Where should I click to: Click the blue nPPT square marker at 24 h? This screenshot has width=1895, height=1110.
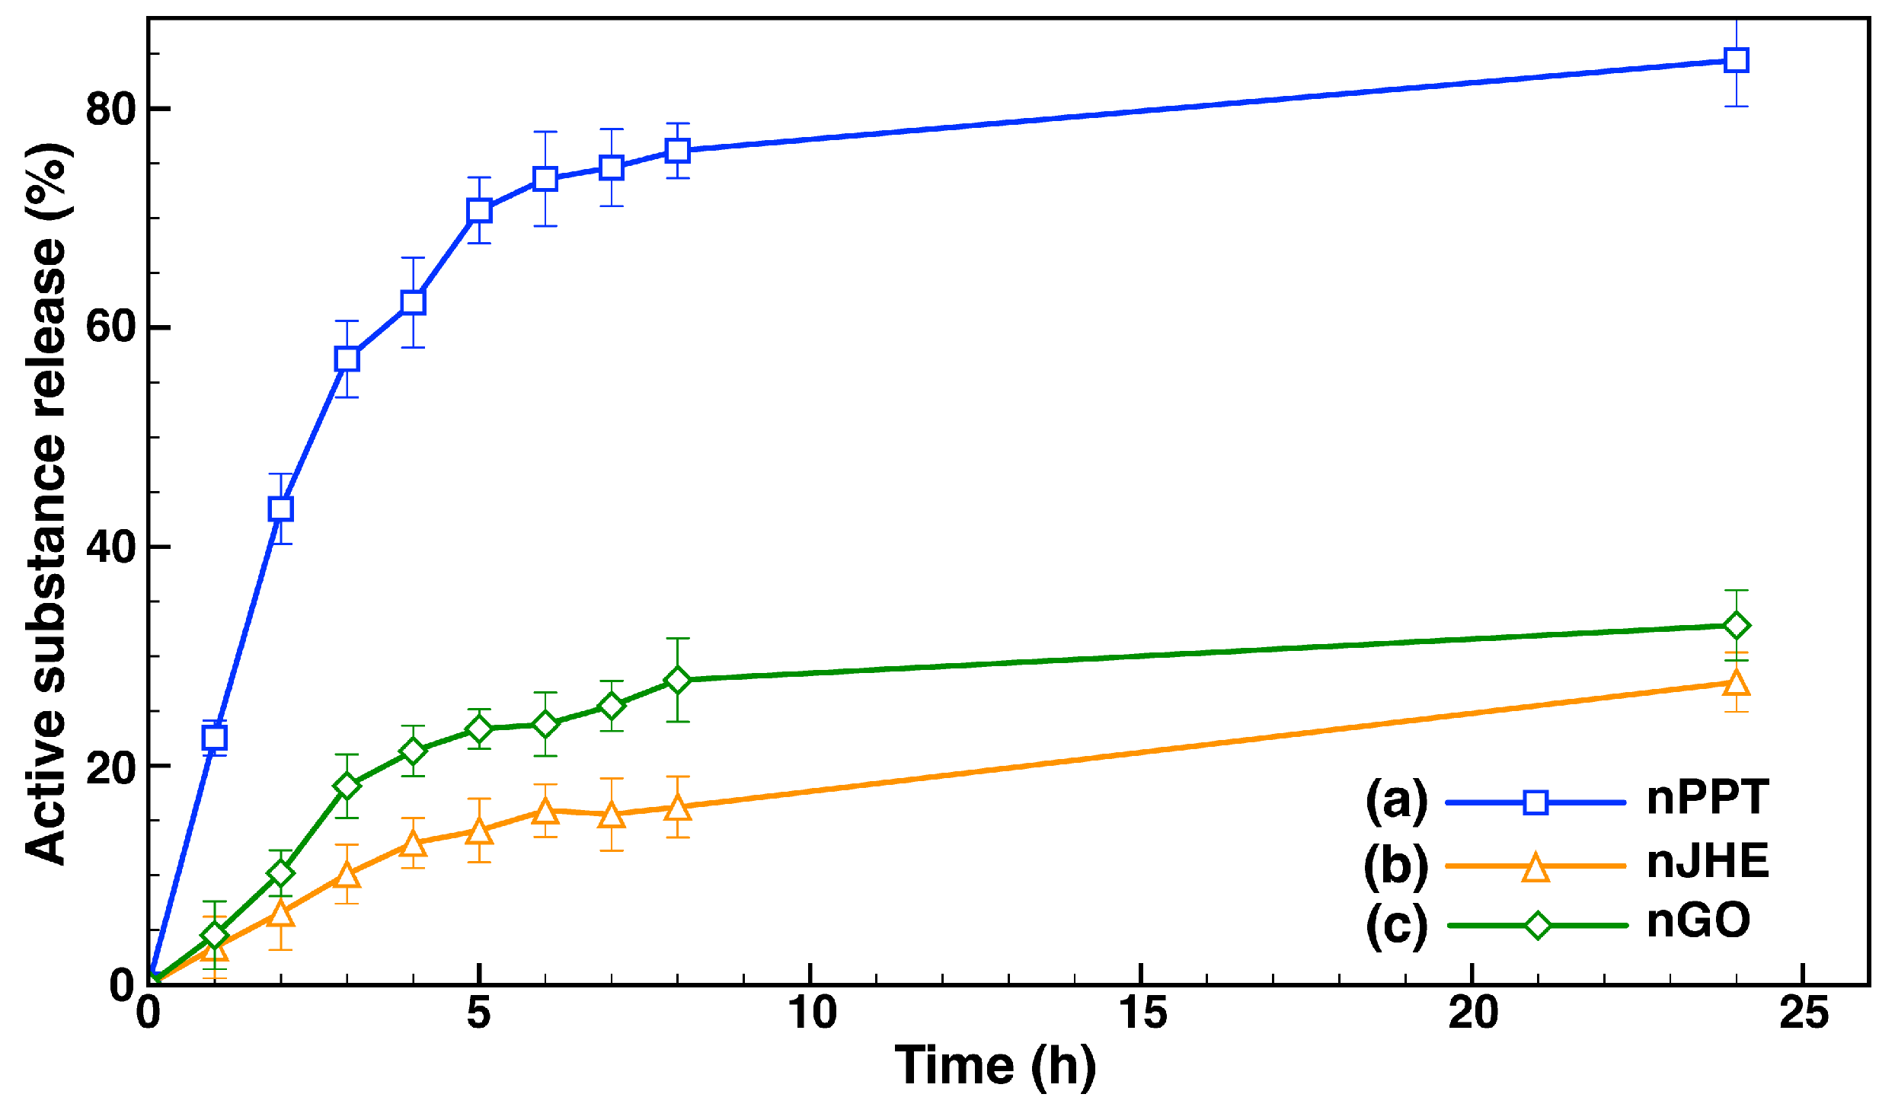click(x=1736, y=60)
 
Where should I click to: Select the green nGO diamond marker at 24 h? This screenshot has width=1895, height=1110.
click(x=1736, y=626)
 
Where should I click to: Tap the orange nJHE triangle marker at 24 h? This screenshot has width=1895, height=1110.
click(x=1736, y=683)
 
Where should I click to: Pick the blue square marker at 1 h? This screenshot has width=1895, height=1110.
click(x=215, y=737)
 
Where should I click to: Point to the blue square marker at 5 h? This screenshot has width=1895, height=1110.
click(x=479, y=210)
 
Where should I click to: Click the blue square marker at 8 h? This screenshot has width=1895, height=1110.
click(x=678, y=150)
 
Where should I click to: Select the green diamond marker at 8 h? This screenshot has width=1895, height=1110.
click(x=678, y=680)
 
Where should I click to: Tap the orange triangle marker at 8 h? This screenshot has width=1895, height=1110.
click(x=678, y=808)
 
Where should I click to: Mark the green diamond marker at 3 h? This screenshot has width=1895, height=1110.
click(x=347, y=786)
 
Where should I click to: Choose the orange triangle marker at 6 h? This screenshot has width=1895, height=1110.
click(x=545, y=812)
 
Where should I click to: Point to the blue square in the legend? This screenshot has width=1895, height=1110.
click(x=1535, y=802)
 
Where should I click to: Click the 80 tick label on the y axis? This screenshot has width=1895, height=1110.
click(x=110, y=110)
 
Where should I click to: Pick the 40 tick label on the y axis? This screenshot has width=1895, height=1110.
click(x=110, y=547)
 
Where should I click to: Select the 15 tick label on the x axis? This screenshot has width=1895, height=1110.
click(x=1142, y=1014)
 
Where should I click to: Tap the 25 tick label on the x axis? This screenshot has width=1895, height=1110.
click(x=1804, y=1014)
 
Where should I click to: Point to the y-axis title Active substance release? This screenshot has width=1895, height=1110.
click(x=47, y=502)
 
